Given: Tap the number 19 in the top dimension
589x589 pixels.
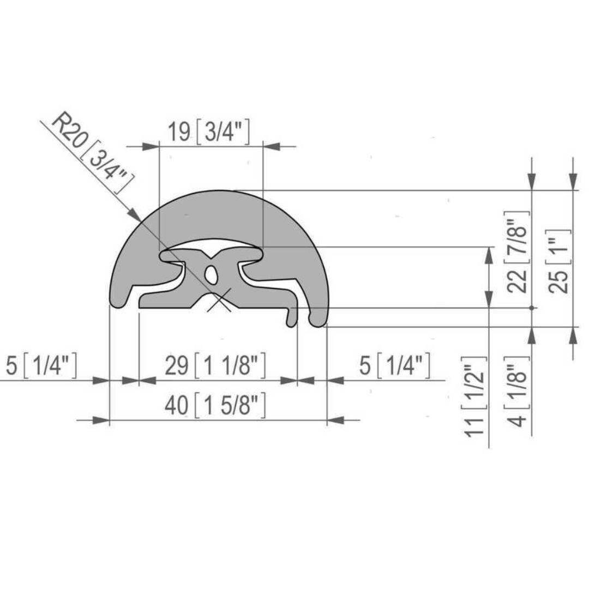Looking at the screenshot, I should point(179,132).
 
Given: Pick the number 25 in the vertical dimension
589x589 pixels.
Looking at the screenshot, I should point(560,280).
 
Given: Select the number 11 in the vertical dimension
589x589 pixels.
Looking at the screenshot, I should point(476,423).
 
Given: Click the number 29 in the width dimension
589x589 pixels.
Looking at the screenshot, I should point(177,365).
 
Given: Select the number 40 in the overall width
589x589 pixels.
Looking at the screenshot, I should point(177,406).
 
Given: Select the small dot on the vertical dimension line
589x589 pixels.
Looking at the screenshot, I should point(532,308).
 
